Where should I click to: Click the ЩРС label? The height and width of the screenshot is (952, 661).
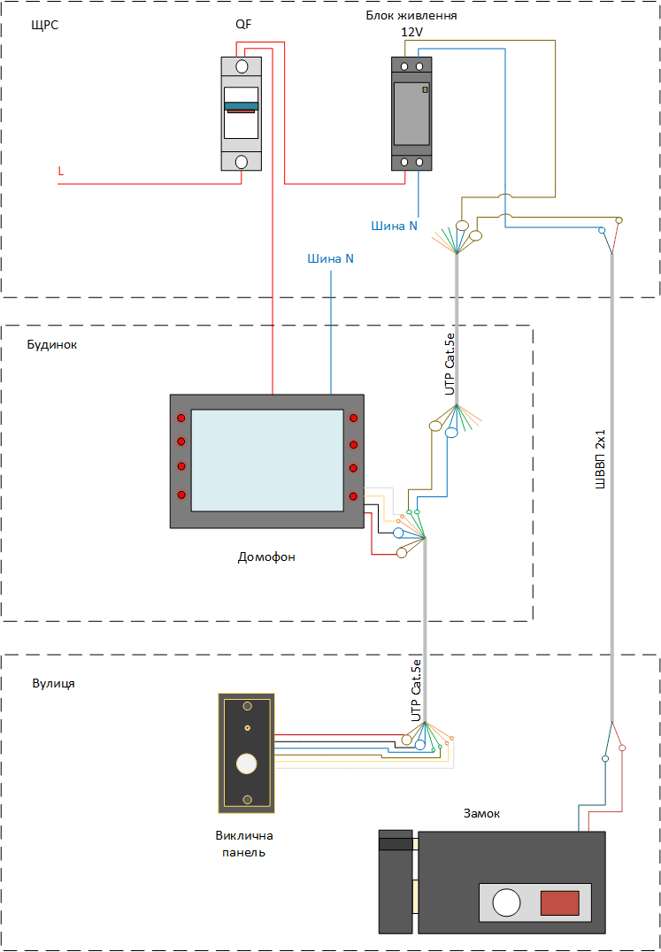44,26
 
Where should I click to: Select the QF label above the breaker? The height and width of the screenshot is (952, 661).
242,25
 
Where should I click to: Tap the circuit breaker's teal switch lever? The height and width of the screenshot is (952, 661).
241,106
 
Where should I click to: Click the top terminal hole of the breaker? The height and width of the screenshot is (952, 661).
242,66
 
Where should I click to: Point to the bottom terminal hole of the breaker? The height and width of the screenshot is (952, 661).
242,162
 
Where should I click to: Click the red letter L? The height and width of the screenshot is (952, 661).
61,172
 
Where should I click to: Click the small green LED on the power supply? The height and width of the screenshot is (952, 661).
425,90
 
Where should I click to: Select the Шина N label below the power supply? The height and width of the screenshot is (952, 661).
395,226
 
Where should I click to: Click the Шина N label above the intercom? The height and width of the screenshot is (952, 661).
331,258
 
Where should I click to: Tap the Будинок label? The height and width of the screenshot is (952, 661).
52,345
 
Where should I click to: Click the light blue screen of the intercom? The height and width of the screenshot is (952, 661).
268,460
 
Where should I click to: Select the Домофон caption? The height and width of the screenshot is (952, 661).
266,557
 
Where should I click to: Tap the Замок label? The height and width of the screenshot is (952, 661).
482,814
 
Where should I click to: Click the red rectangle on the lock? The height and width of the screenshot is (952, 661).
559,902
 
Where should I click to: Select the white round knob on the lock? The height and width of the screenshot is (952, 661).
506,902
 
